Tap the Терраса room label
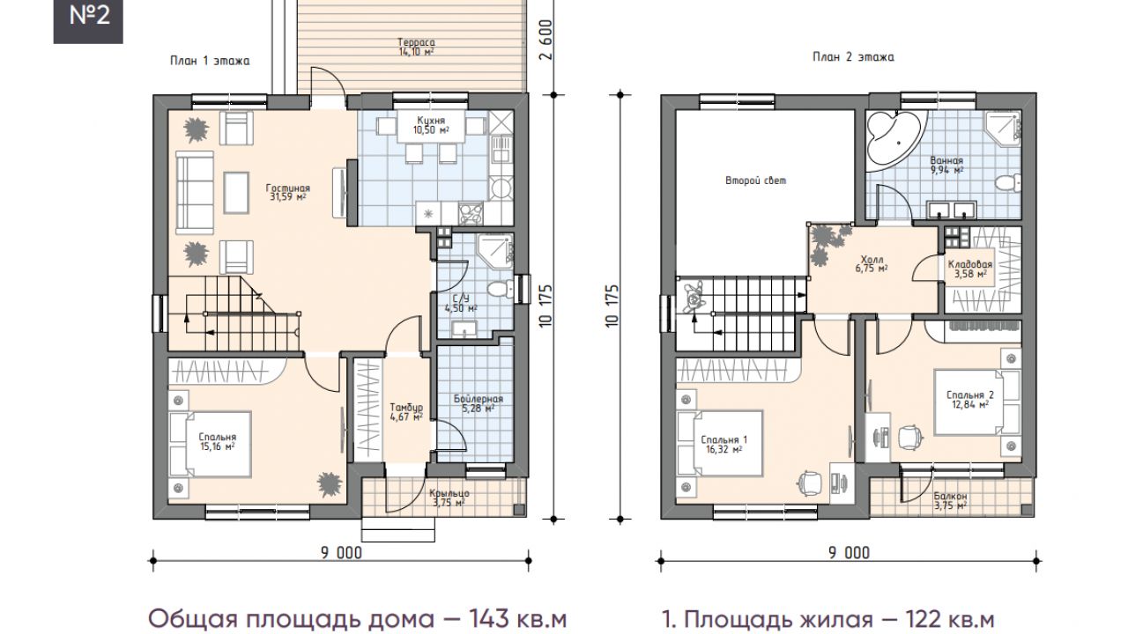416,42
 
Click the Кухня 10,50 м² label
431,125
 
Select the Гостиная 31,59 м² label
288,192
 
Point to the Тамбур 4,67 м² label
406,411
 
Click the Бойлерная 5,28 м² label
479,403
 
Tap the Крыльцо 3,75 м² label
449,498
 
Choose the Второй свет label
755,181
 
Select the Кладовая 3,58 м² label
970,269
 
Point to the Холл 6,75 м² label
872,263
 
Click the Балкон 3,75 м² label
950,501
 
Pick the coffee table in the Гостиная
236,193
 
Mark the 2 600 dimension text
545,40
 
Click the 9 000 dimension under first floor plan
341,553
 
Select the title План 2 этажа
853,57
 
